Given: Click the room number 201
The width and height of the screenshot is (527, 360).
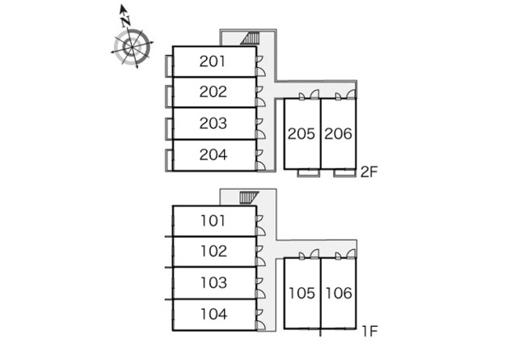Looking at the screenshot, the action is [213, 61].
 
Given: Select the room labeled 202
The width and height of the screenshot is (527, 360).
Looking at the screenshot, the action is [213, 92].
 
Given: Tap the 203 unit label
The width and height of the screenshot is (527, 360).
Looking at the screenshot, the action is [213, 123].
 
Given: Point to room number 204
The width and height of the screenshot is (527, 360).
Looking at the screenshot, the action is [213, 155].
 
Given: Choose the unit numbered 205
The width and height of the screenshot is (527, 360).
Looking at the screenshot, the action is [301, 134].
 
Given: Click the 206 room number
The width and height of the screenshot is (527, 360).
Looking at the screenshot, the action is [338, 134].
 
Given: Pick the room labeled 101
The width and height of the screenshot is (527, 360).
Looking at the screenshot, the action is [213, 221].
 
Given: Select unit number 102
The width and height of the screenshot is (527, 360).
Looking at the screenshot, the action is [213, 252].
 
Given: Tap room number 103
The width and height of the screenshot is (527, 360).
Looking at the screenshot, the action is [213, 282].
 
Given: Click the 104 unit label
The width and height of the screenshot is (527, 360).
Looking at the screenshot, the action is [213, 314].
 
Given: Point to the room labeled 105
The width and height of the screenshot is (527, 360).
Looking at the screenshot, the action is [302, 293].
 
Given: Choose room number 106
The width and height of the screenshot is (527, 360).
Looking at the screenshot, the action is [339, 293].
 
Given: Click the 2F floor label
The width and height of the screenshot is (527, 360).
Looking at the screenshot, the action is [369, 172].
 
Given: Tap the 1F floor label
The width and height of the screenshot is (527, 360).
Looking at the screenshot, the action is [369, 331].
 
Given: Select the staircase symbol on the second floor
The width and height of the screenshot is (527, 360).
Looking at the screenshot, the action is [251, 38].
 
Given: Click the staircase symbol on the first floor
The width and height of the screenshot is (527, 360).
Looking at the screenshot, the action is [249, 197].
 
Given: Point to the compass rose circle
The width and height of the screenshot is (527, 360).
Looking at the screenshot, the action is [132, 47].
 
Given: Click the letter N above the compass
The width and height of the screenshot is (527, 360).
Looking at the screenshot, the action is [126, 22].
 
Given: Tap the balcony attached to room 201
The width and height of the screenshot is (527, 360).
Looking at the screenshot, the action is [169, 66].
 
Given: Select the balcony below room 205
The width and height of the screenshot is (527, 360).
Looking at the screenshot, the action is [308, 172].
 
